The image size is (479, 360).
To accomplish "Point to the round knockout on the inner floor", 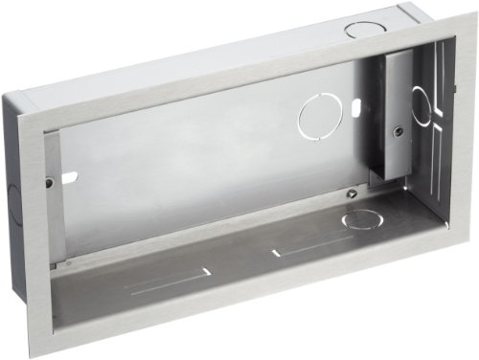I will click(363, 219).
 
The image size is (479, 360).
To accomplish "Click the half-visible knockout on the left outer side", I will click(12, 199).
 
